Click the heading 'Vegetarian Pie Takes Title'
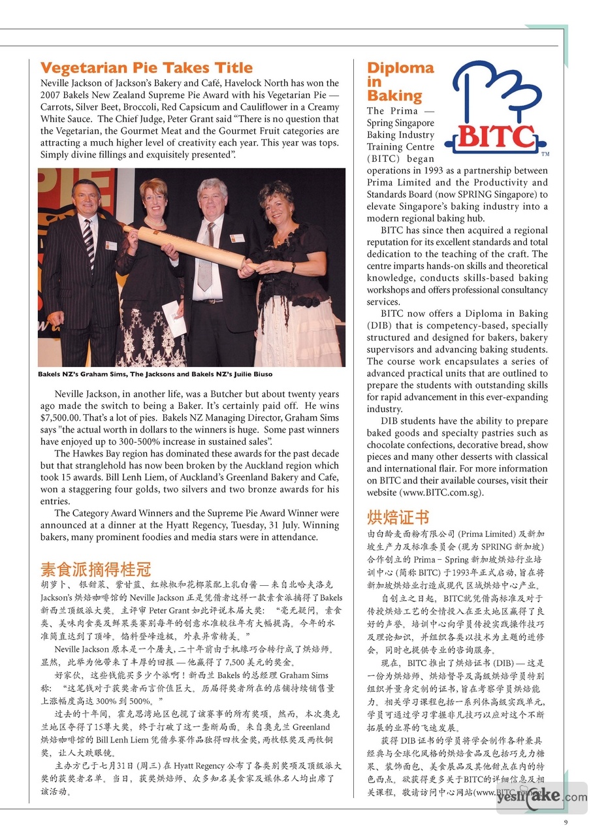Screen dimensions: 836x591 coord(146,68)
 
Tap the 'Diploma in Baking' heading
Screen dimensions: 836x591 coord(400,82)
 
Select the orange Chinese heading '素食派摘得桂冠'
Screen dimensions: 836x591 coord(95,568)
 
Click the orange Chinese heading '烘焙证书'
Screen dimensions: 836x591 coord(398,518)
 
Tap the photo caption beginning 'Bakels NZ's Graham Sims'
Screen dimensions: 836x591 coord(155,374)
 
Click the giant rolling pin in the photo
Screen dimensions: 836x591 coord(185,246)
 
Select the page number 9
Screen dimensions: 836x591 coord(566,822)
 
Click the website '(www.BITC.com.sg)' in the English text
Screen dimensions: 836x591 coord(443,492)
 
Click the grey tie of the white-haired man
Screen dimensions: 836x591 coord(206,259)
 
